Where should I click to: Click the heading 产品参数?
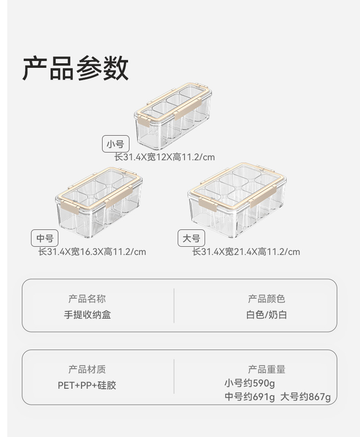pyautogui.click(x=75, y=69)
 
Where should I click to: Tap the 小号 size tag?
pyautogui.click(x=115, y=145)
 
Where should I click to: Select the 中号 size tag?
pyautogui.click(x=45, y=238)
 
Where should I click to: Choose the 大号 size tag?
pyautogui.click(x=191, y=238)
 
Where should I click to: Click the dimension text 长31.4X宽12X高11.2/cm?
pyautogui.click(x=164, y=158)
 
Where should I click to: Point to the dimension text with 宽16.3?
pyautogui.click(x=92, y=252)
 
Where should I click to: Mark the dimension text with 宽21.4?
pyautogui.click(x=246, y=252)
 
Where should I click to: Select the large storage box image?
pyautogui.click(x=237, y=200)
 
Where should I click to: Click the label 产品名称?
pyautogui.click(x=87, y=299)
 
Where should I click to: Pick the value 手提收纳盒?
pyautogui.click(x=87, y=315)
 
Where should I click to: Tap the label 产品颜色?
pyautogui.click(x=267, y=299)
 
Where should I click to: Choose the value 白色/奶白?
pyautogui.click(x=267, y=315)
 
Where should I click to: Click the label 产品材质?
pyautogui.click(x=87, y=370)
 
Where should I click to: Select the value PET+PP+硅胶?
pyautogui.click(x=87, y=386)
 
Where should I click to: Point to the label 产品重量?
pyautogui.click(x=267, y=370)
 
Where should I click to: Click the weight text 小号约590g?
pyautogui.click(x=250, y=383)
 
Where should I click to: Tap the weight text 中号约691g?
pyautogui.click(x=250, y=397)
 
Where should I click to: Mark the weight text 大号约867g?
pyautogui.click(x=305, y=397)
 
